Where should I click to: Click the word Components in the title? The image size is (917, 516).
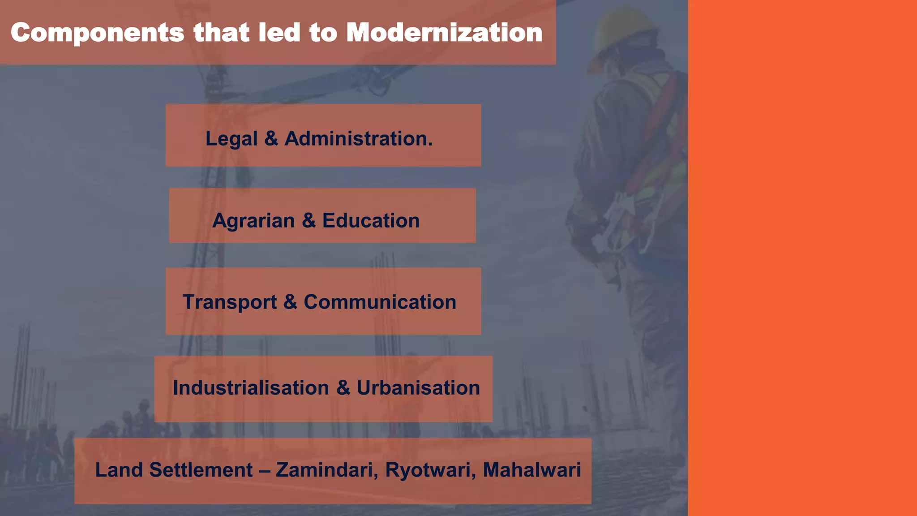(97, 34)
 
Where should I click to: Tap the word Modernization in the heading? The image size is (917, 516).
(444, 33)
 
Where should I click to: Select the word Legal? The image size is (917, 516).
(231, 139)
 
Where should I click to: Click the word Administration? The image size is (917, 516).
(359, 138)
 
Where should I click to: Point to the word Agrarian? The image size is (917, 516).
(253, 220)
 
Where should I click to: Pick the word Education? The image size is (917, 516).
(371, 220)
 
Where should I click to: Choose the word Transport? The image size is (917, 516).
(230, 302)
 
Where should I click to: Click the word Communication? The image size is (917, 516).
(380, 302)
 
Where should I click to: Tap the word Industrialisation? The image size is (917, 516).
(251, 388)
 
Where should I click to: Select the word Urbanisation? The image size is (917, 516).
(418, 388)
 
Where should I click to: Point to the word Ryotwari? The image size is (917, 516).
(430, 470)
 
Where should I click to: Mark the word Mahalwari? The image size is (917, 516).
(532, 470)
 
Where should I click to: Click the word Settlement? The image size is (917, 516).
(201, 470)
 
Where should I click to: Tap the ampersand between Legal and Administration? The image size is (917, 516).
(271, 138)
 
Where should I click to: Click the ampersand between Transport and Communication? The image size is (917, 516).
(290, 302)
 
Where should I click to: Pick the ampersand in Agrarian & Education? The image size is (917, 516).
(309, 220)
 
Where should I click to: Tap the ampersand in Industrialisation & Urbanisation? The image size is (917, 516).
(343, 388)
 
